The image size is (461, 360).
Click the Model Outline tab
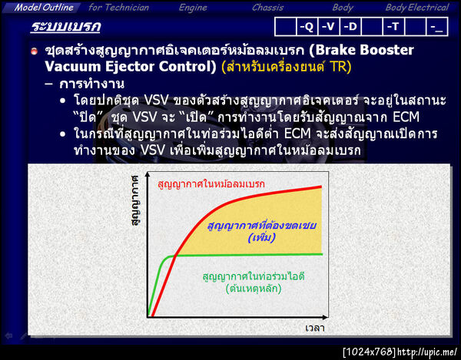pos(45,8)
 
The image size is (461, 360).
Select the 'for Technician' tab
pos(118,8)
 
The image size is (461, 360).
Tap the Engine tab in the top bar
pos(193,8)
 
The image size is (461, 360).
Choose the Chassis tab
pos(267,8)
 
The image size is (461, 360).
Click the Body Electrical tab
pos(416,8)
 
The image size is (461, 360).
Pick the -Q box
pos(306,27)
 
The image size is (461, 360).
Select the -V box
pos(328,27)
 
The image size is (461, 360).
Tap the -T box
pos(393,27)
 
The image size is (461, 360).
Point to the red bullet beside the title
pos(35,51)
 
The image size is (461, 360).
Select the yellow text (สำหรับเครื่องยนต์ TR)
pos(286,67)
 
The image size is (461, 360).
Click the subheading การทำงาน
pos(91,83)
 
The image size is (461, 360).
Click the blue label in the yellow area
pos(256,232)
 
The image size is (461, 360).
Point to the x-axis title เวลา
pos(314,328)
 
